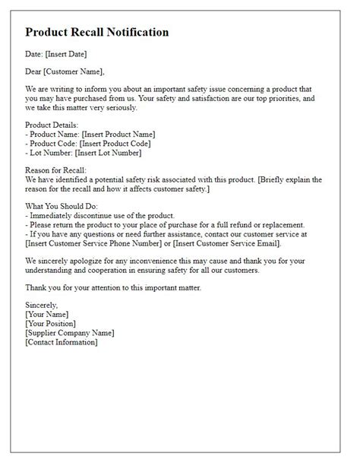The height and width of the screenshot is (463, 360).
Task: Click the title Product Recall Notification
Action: pyautogui.click(x=96, y=33)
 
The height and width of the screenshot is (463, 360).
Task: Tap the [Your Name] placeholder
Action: pyautogui.click(x=46, y=314)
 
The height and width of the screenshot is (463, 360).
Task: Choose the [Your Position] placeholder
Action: pyautogui.click(x=51, y=323)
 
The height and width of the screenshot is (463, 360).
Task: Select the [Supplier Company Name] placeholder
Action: pyautogui.click(x=70, y=333)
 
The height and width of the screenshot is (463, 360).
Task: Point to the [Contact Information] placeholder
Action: pyautogui.click(x=62, y=342)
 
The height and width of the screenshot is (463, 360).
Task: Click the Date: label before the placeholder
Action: pyautogui.click(x=35, y=55)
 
